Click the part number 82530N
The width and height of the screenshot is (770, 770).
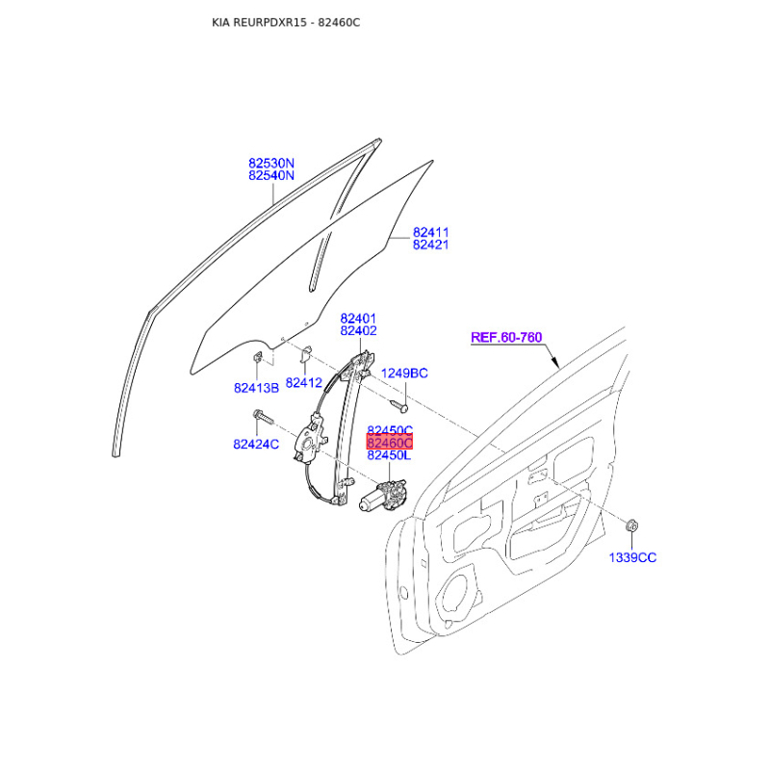pos(271,163)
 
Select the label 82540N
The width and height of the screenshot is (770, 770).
pos(271,176)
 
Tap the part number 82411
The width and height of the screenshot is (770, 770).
pos(430,232)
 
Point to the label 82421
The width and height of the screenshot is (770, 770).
pos(430,245)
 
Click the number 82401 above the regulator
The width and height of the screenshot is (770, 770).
pos(358,319)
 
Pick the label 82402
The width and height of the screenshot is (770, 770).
pos(358,331)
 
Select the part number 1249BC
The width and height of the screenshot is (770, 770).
pos(404,373)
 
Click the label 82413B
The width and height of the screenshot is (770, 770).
pos(256,389)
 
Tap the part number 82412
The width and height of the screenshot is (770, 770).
pos(303,383)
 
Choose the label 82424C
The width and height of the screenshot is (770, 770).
pos(256,445)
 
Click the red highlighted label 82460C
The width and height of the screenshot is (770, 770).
pos(390,443)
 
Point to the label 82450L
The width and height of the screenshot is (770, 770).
pos(389,455)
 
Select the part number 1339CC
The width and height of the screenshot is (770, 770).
pos(632,558)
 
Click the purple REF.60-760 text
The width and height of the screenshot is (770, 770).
pos(506,338)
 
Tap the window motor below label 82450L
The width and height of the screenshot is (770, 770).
pos(383,496)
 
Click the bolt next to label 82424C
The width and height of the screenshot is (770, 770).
pos(263,418)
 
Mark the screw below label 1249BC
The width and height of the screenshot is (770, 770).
pos(399,405)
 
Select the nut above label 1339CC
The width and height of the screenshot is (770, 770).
pos(632,526)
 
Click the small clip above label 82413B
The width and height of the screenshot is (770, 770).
pos(257,356)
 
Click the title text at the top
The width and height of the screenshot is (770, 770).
pos(286,22)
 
